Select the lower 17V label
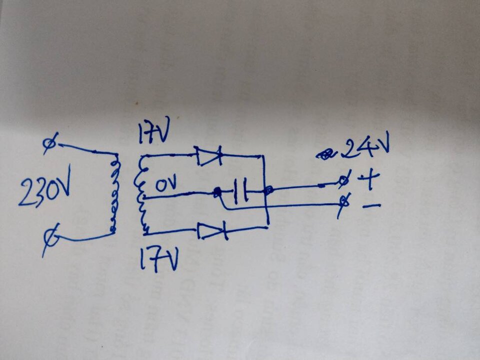[x=158, y=259]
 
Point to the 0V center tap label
[x=166, y=185]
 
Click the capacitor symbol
[x=241, y=191]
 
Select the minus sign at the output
[x=371, y=206]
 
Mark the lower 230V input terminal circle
[x=51, y=238]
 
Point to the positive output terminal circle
[x=344, y=180]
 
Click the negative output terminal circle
[x=345, y=202]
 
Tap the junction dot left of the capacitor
[x=217, y=192]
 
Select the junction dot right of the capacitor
[x=269, y=190]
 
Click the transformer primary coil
[x=114, y=193]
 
